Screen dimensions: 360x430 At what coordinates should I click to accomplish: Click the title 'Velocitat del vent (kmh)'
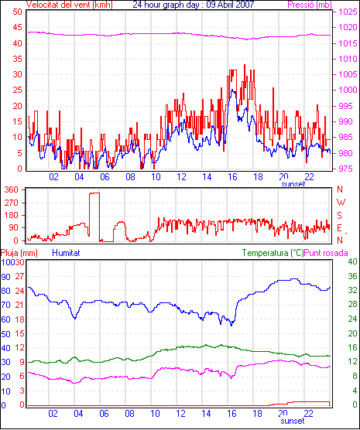[x=70, y=5]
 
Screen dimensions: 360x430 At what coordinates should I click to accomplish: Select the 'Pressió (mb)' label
[x=310, y=5]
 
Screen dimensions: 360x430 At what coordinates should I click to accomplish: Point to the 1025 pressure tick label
[x=348, y=12]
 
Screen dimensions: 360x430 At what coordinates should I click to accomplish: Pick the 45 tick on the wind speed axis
[x=18, y=28]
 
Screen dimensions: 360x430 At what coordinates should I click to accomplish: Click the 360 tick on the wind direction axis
[x=12, y=189]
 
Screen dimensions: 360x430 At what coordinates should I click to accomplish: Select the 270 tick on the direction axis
[x=12, y=203]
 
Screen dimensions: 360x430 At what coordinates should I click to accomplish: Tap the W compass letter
[x=341, y=203]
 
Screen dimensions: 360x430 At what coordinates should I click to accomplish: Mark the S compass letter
[x=340, y=216]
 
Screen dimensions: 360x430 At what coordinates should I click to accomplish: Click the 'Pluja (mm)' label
[x=19, y=253]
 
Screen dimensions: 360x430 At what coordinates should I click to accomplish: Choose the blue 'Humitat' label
[x=66, y=253]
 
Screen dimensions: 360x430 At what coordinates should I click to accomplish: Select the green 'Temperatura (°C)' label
[x=273, y=253]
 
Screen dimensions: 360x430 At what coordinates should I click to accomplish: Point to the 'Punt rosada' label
[x=326, y=253]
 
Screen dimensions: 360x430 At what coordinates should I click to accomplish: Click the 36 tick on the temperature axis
[x=352, y=276]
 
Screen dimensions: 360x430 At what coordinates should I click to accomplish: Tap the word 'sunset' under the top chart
[x=293, y=184]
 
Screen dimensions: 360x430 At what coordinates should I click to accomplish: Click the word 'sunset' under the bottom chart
[x=293, y=421]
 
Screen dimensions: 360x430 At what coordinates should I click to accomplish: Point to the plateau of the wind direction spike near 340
[x=94, y=193]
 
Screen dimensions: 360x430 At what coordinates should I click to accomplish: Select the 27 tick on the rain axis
[x=20, y=276]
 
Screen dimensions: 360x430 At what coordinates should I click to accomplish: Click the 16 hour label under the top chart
[x=232, y=177]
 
